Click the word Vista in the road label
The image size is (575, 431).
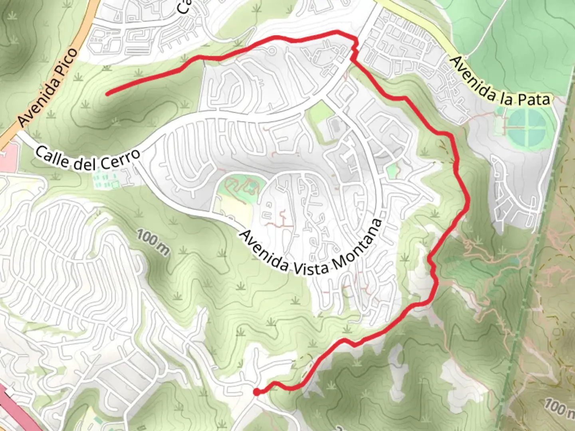click(311, 268)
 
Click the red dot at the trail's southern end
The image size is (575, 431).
click(256, 392)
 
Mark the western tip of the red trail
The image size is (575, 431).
click(107, 95)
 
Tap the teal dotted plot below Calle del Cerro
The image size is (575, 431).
click(106, 180)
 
